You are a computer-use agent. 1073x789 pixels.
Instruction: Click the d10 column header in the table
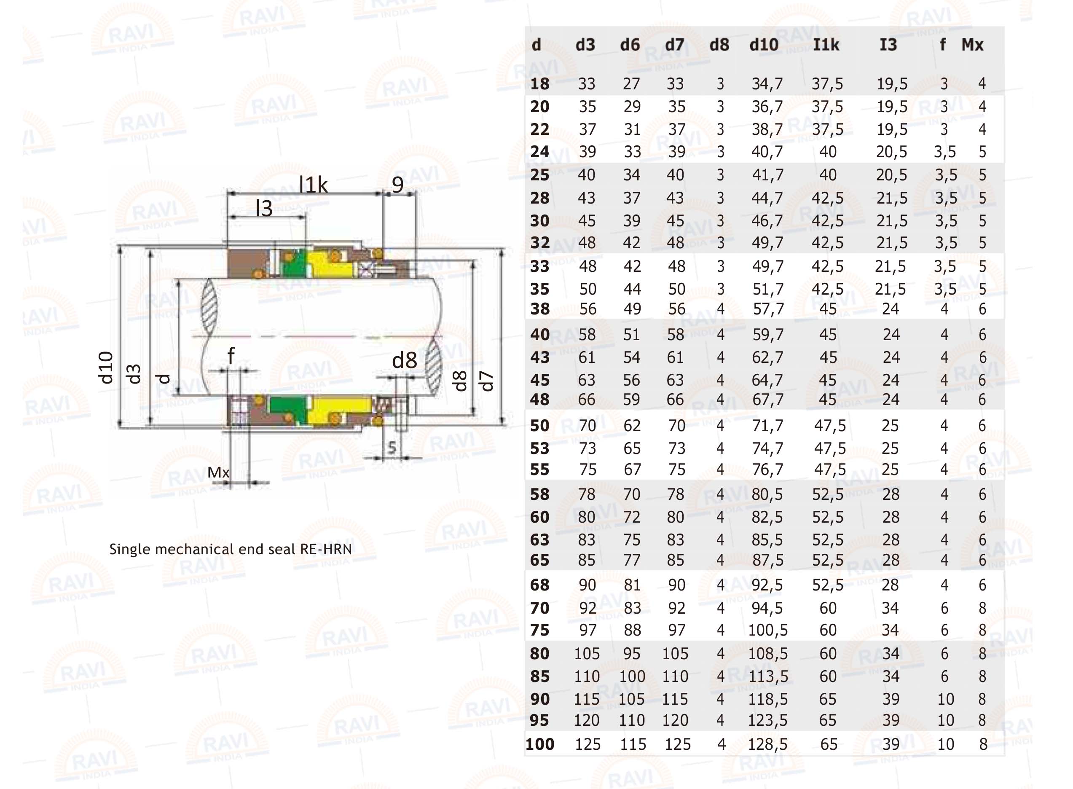(764, 45)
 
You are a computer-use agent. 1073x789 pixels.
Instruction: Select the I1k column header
(826, 45)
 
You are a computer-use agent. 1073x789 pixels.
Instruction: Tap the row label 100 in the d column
(539, 744)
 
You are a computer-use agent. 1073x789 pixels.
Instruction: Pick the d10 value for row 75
(768, 631)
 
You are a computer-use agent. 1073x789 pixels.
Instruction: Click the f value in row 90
(945, 699)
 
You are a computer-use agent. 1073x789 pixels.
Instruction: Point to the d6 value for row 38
(632, 309)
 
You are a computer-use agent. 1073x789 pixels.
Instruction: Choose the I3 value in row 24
(891, 152)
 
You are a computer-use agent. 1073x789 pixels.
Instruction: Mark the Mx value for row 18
(982, 83)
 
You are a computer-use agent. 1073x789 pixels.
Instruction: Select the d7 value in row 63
(676, 539)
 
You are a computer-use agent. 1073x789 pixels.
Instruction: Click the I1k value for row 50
(830, 426)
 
